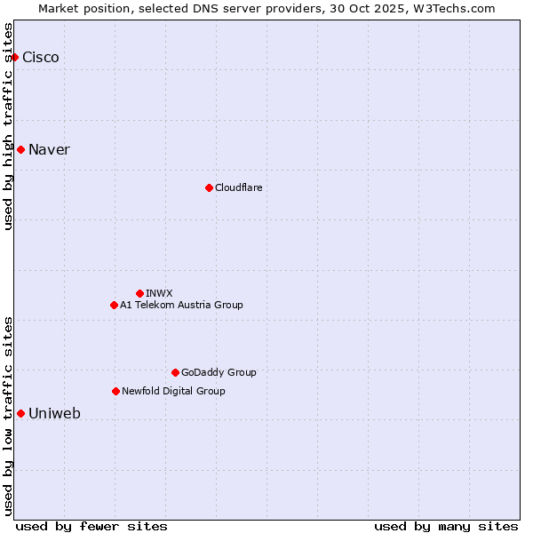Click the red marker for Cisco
14,58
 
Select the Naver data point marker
20,149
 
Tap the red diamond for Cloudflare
209,187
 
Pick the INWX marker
139,293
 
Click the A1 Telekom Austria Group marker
114,305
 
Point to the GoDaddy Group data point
175,372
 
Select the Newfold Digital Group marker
115,391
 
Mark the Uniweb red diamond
20,413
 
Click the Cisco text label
41,58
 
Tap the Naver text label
49,149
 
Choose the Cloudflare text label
238,187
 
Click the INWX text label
159,293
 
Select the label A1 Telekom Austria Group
181,305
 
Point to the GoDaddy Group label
219,372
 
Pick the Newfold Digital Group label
173,391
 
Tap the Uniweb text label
54,413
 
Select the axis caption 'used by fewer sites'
91,526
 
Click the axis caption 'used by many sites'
446,526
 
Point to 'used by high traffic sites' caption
8,126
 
